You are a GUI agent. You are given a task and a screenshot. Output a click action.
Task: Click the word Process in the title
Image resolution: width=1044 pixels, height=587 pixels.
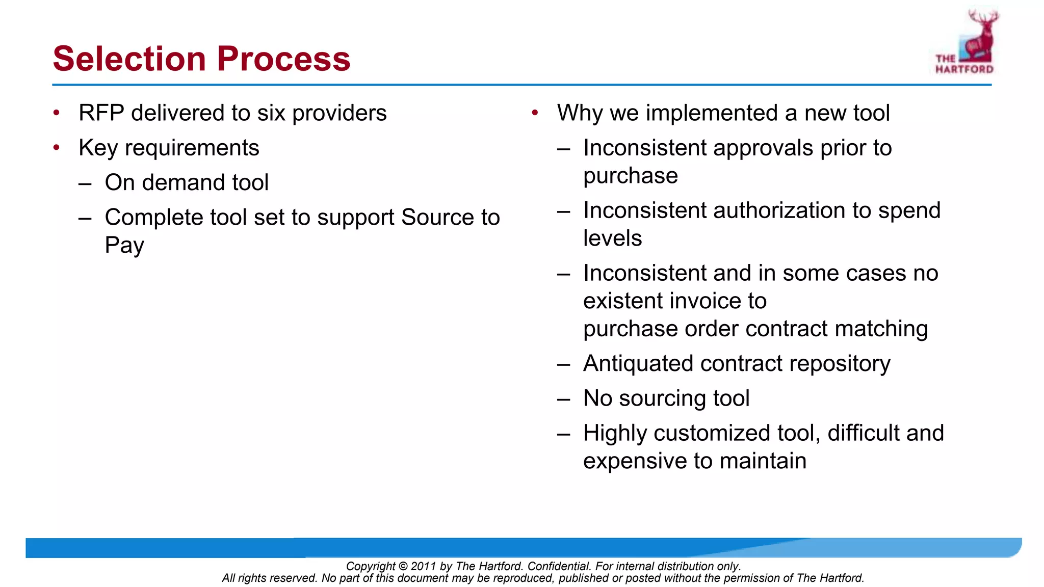(x=283, y=59)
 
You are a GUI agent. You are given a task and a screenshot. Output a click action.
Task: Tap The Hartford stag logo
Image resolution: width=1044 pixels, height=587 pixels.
(x=967, y=42)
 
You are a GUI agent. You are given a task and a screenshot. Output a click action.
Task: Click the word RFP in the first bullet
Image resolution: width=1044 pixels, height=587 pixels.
(x=101, y=113)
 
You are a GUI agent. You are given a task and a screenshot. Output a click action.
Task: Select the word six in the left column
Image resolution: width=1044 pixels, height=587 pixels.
(x=271, y=113)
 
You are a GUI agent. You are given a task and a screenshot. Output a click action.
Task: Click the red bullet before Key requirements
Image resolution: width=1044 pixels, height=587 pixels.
(x=57, y=148)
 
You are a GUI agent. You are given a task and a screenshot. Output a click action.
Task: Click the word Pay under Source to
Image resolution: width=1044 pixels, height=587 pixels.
(x=124, y=246)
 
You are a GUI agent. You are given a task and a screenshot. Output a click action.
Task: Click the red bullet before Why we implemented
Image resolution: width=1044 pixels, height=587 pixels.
(x=535, y=113)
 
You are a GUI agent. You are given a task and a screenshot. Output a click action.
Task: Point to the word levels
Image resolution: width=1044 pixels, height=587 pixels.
(x=612, y=238)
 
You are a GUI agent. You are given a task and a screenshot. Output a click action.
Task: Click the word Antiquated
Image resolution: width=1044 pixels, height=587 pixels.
(x=638, y=364)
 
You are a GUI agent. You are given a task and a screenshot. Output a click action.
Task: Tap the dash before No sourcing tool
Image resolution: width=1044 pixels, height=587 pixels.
(x=563, y=399)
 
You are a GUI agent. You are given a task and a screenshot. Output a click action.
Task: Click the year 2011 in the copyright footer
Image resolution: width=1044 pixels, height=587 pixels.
(x=423, y=566)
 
